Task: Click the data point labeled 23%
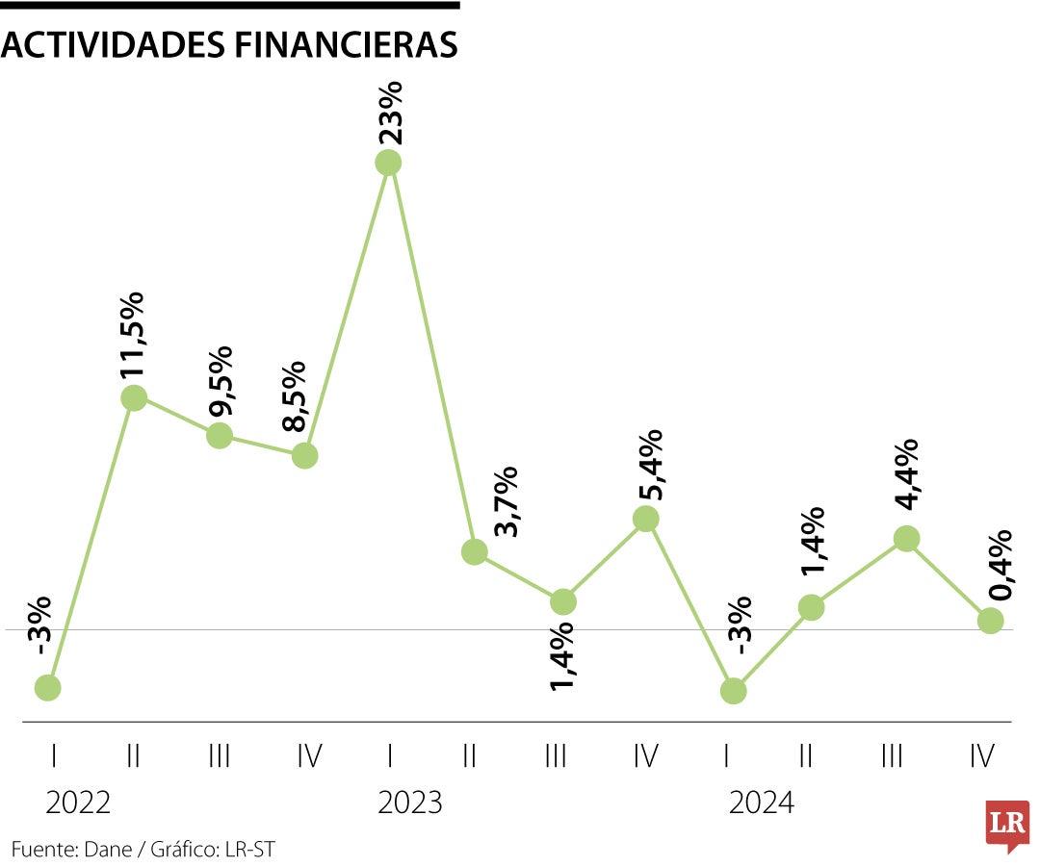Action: coord(388,163)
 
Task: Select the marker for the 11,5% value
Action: coord(134,397)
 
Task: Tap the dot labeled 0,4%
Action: coord(990,621)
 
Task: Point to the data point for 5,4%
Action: coord(645,519)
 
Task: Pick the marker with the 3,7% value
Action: coord(474,551)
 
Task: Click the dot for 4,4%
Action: coord(905,539)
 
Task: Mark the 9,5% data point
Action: coord(220,435)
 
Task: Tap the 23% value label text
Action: coord(389,113)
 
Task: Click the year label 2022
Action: coord(78,802)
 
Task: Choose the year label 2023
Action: coord(410,802)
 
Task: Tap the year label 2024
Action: coord(762,802)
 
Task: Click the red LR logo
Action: coord(1007,825)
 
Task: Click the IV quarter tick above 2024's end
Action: coord(981,757)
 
